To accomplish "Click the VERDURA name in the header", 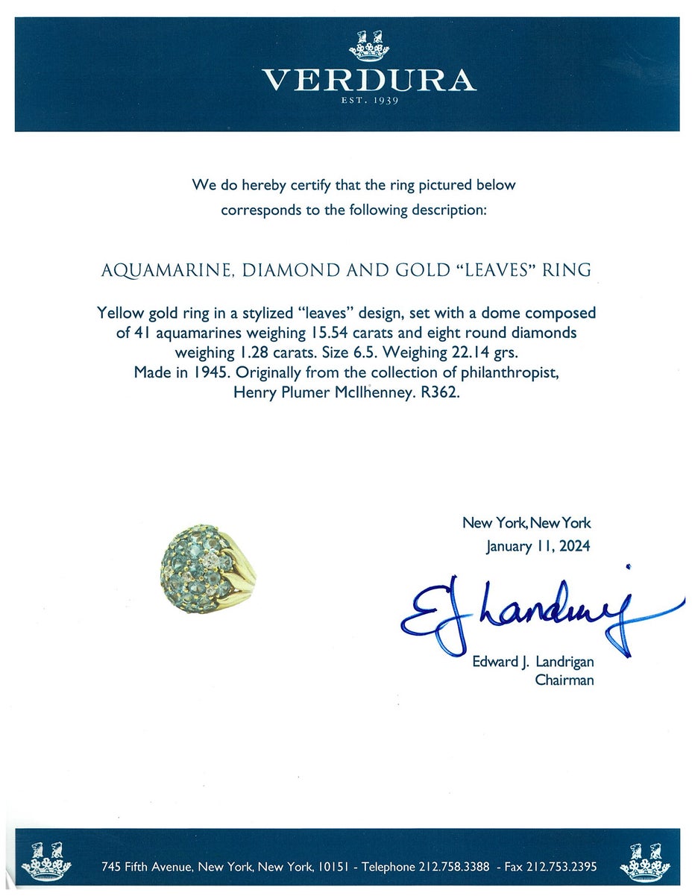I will point(368,81).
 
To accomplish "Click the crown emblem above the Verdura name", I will point(369,46).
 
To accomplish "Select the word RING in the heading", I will point(568,270).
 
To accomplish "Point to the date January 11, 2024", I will point(538,546).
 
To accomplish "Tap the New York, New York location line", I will point(526,523).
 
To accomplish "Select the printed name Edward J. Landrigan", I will point(532,662).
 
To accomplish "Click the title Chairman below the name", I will point(564,680).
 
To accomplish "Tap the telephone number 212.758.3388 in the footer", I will point(453,867).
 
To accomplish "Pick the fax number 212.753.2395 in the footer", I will point(567,867).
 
